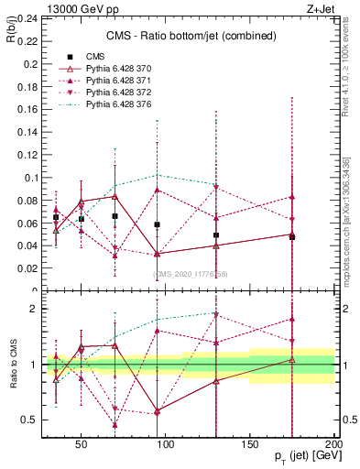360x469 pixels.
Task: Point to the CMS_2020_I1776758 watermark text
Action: (190, 274)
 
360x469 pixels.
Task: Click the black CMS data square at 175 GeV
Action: (292, 236)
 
